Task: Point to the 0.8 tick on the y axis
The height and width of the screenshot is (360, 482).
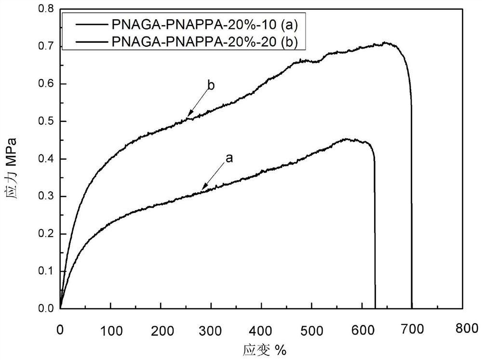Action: coord(47,9)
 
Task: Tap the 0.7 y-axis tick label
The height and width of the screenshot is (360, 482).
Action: coord(47,47)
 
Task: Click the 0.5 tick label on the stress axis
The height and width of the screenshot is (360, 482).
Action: coord(47,121)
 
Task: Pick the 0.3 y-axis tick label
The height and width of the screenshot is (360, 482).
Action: coord(47,197)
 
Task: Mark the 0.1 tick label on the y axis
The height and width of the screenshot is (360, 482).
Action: coord(47,271)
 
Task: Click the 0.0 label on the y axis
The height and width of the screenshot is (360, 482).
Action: coord(47,308)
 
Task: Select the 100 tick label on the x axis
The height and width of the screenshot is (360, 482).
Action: coord(110,330)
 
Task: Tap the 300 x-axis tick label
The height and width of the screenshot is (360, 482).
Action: coord(211,330)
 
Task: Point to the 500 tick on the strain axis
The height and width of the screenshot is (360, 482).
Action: coord(311,330)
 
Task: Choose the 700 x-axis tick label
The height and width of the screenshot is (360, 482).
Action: coord(412,330)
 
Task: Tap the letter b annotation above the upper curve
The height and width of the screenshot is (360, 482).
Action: coord(211,86)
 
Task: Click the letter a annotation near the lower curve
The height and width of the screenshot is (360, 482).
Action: coord(229,158)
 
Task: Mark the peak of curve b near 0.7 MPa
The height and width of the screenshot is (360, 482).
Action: coord(386,43)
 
